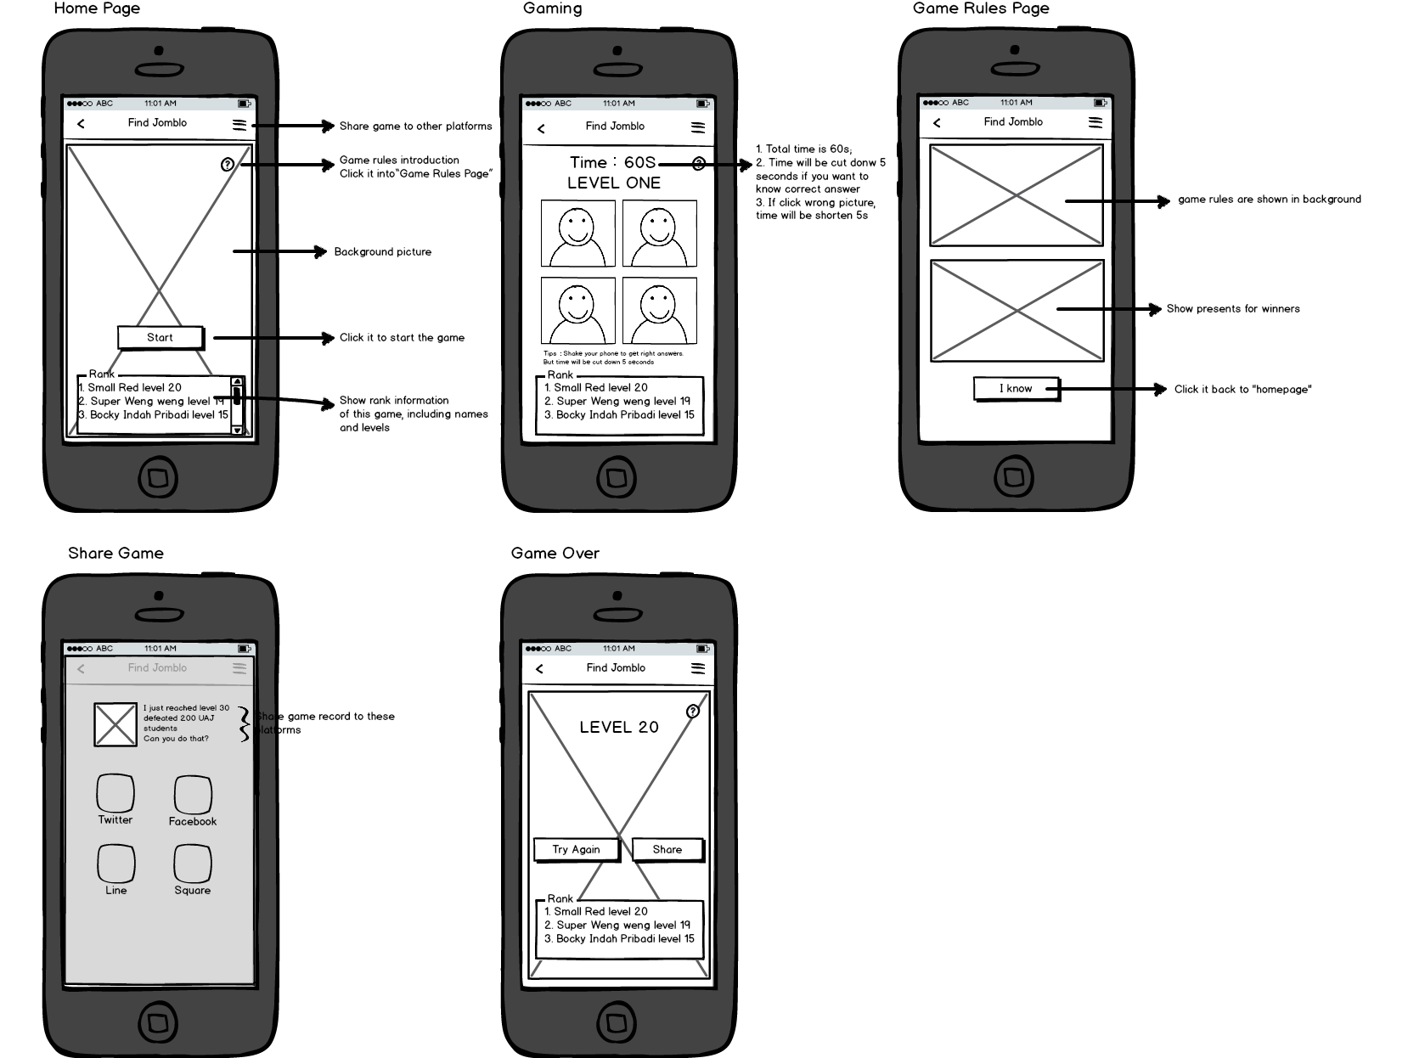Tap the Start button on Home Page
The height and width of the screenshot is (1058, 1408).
point(161,337)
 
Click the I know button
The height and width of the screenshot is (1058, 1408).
point(1016,389)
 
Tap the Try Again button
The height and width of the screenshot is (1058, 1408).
point(576,849)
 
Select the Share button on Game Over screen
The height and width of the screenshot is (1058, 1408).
point(667,849)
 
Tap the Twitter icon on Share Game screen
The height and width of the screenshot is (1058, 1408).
point(115,794)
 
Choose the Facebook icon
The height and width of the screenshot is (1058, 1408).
point(193,795)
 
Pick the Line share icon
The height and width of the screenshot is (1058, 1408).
point(116,864)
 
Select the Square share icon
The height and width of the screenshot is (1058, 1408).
point(193,864)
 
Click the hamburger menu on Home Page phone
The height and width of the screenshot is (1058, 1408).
point(239,125)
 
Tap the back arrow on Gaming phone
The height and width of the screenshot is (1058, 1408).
point(541,128)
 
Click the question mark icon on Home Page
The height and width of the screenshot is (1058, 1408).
point(228,165)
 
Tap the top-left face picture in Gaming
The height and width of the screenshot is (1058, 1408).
point(578,234)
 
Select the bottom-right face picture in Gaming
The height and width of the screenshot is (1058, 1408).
point(659,310)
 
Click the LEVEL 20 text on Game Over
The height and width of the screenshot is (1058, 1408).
point(618,727)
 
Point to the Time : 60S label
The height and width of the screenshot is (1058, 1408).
point(612,162)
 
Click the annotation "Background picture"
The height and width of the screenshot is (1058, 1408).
point(382,252)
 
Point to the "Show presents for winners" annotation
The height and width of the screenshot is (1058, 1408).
point(1232,309)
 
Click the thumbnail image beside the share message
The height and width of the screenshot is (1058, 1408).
point(115,723)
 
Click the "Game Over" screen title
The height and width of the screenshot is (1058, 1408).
point(555,554)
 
